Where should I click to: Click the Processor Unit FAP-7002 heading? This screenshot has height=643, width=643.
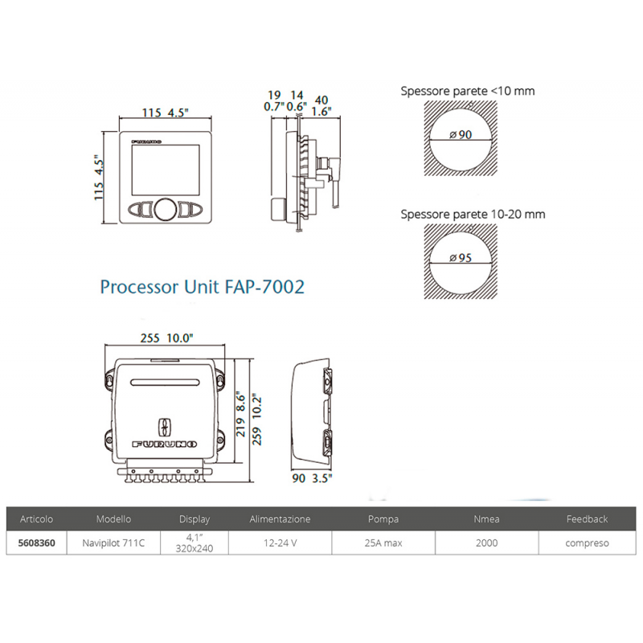click(203, 287)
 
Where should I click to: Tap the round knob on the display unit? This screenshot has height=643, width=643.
click(166, 209)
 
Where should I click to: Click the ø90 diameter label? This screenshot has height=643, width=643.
click(461, 134)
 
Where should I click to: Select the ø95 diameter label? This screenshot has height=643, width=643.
click(461, 258)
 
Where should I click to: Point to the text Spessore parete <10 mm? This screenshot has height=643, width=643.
click(468, 91)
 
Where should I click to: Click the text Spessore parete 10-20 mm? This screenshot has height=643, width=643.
click(473, 215)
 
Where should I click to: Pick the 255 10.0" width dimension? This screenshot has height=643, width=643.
click(166, 338)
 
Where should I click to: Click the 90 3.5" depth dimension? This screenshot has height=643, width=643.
click(312, 478)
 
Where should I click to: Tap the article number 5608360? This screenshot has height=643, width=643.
click(36, 543)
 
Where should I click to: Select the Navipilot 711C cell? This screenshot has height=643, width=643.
click(113, 543)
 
